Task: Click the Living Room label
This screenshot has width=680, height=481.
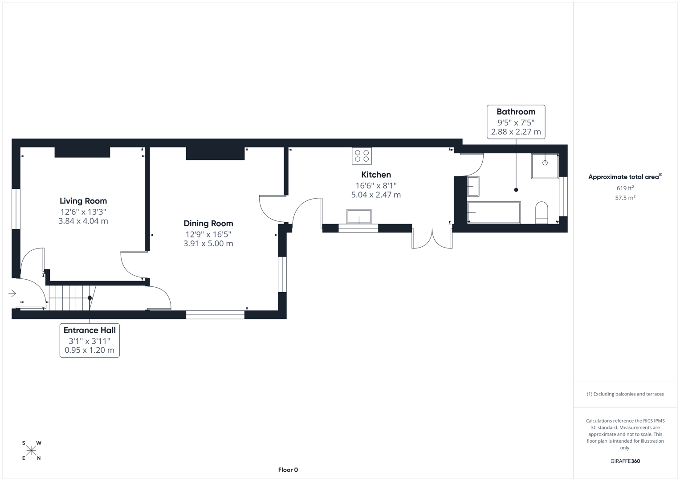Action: pos(83,201)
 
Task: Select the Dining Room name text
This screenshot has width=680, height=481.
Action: pos(208,224)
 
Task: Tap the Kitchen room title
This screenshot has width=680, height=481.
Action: pos(376,175)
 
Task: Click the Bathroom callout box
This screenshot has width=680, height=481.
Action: pos(516,122)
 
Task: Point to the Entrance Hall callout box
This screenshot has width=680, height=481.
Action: pos(90,340)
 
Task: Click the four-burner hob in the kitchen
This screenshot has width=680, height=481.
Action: pos(362,156)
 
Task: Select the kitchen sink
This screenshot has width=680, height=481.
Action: pos(359,216)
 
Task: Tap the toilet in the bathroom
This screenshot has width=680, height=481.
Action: pos(542,213)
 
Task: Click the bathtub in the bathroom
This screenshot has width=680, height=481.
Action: pos(494,212)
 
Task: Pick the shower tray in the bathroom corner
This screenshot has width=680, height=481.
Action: pos(545,166)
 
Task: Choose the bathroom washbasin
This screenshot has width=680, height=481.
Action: pos(473,186)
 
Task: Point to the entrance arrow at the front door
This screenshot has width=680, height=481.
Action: pos(12,293)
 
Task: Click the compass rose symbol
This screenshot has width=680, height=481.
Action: pos(31,450)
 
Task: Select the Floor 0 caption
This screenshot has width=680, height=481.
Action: pos(288,470)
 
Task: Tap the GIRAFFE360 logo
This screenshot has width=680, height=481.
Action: pos(625,461)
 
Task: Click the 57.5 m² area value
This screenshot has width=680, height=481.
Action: pos(625,198)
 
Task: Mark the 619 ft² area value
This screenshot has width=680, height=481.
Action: pos(625,188)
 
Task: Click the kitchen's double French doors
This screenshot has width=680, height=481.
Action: pos(432,239)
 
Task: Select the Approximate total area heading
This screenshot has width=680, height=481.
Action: pos(625,177)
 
